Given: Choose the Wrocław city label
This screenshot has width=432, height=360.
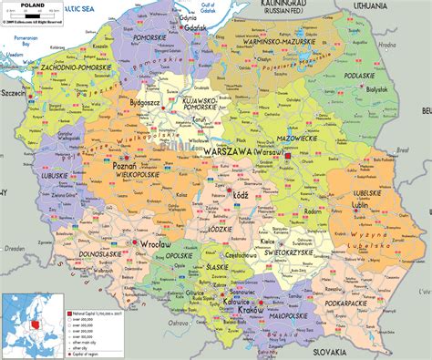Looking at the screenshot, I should [x=154, y=245].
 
